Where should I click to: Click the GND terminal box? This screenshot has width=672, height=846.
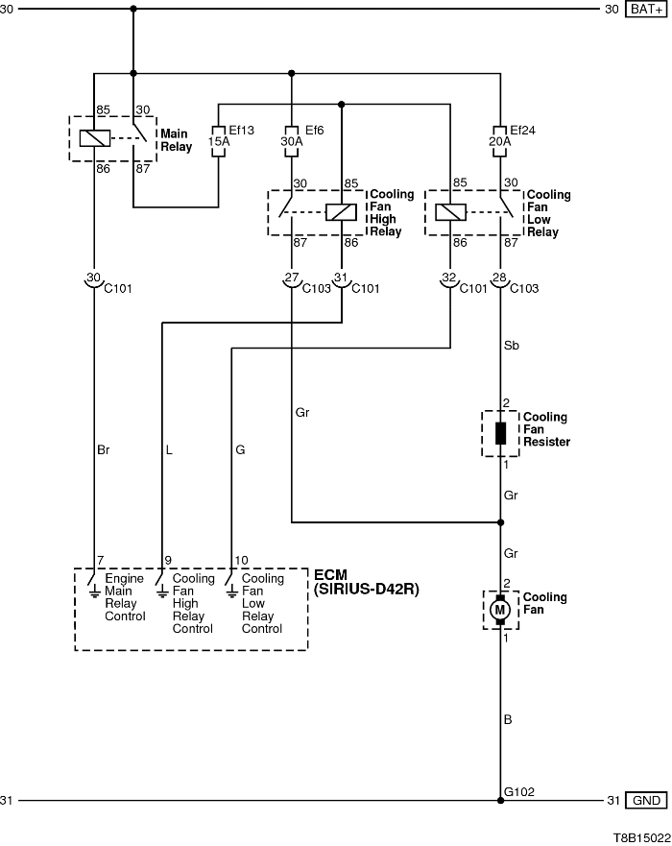[644, 800]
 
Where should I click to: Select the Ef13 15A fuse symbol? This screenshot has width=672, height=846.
[219, 142]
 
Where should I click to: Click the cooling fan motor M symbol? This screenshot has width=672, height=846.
[499, 610]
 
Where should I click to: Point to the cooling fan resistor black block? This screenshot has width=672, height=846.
[500, 433]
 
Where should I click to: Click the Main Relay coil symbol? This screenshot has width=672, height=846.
[94, 137]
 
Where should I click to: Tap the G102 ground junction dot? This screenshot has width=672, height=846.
[500, 800]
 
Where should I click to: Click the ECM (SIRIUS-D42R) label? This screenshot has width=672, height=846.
[367, 582]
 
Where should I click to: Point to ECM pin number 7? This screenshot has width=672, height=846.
[99, 560]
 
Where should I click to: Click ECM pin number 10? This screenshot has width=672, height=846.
[240, 560]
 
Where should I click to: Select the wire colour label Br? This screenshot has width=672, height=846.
[104, 448]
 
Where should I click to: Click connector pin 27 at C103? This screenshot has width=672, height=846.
[291, 279]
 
